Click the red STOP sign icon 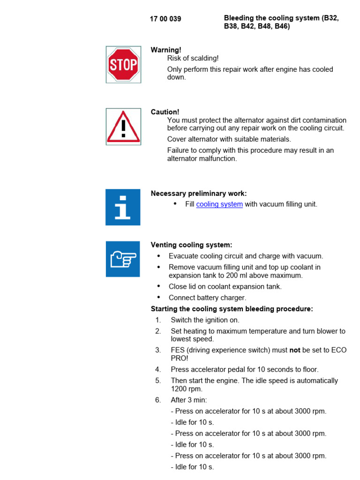(123, 65)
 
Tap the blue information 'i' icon (123, 207)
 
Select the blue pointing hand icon (123, 259)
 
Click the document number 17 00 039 (165, 19)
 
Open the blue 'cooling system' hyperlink (219, 204)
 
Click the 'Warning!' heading (166, 50)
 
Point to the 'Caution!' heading (165, 112)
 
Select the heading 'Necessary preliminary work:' (199, 194)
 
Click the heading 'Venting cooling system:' (191, 245)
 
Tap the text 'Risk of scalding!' (193, 58)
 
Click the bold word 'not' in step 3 (294, 350)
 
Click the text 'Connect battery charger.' (207, 298)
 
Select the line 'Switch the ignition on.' (205, 320)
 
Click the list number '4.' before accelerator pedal (158, 369)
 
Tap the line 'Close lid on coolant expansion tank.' (225, 286)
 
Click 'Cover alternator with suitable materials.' (229, 139)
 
